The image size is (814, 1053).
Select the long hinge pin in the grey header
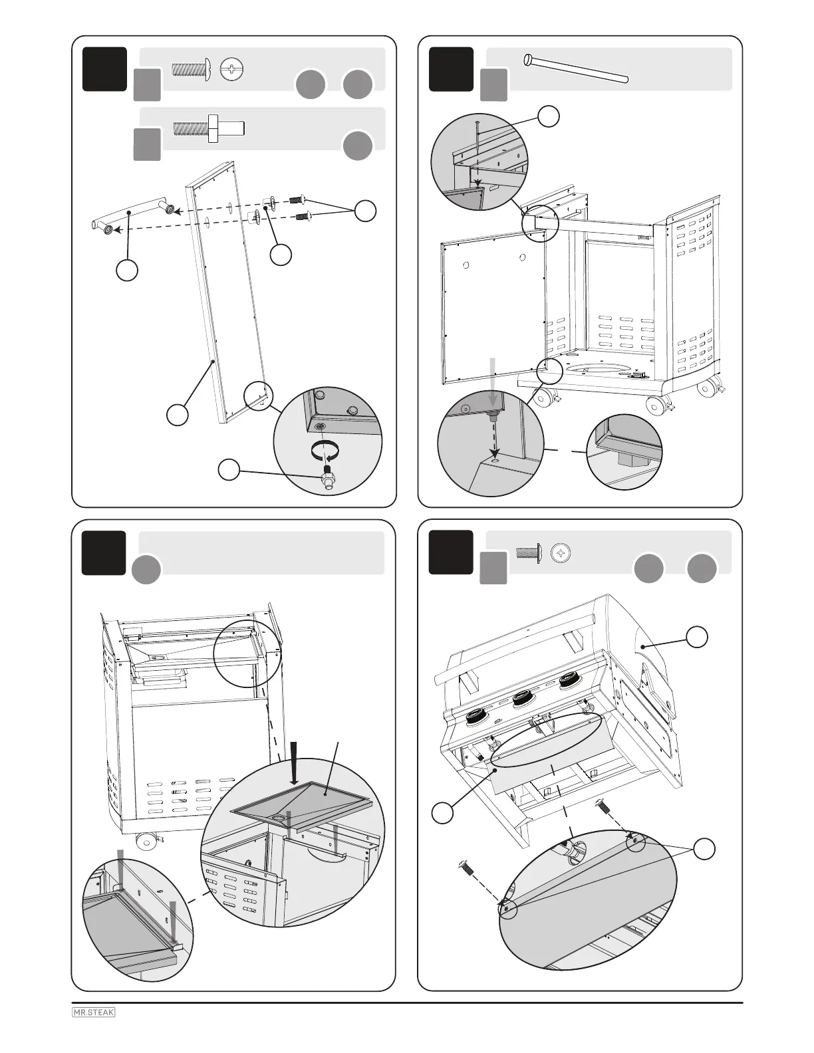[x=576, y=69]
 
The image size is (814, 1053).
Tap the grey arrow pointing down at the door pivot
[x=493, y=379]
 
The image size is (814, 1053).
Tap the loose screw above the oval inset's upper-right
[x=603, y=806]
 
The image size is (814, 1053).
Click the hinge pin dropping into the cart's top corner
[x=477, y=150]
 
